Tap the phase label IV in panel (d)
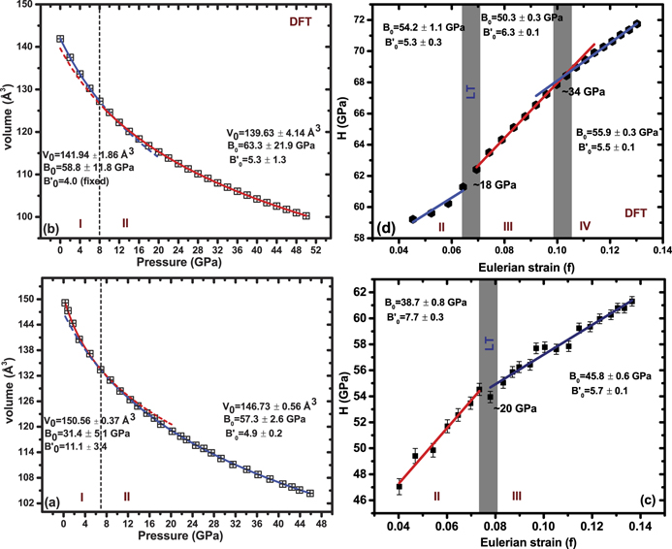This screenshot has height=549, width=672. pos(585,226)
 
